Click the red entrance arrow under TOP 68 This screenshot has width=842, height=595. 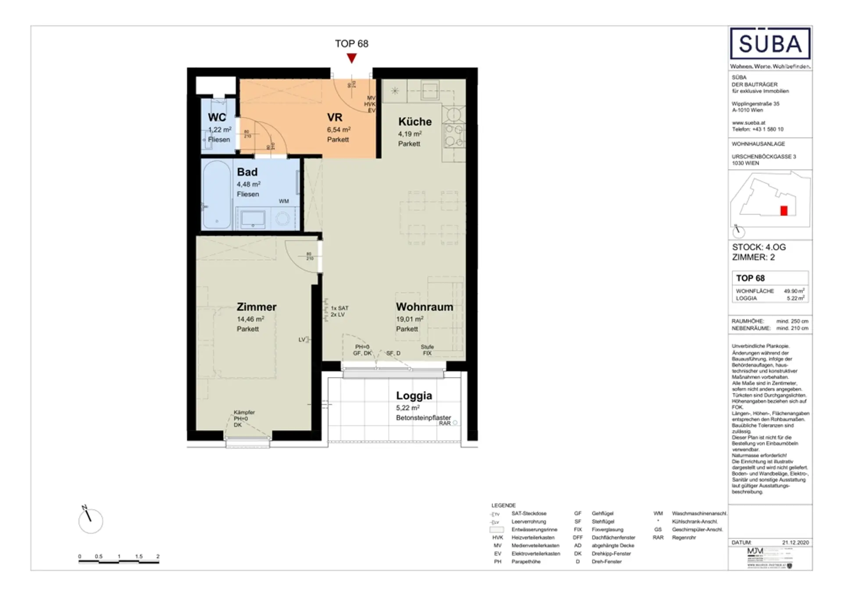point(351,58)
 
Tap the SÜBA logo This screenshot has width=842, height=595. point(770,44)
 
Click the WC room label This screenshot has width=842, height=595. point(217,118)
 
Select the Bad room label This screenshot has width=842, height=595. point(247,172)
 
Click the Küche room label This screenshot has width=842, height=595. point(415,121)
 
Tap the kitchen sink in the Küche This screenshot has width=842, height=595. point(430,91)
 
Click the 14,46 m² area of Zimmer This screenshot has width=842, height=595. point(250,319)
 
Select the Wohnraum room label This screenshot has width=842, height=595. point(425,307)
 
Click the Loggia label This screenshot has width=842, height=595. point(414,395)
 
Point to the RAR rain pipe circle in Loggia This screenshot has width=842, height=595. point(455,423)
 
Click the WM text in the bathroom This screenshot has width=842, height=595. point(284,201)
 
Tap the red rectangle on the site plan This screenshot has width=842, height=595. point(784,211)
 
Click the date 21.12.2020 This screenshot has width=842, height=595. point(795,542)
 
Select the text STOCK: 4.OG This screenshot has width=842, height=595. point(759,247)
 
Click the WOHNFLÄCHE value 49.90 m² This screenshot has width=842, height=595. point(794,291)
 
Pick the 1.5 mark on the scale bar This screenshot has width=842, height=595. point(139,556)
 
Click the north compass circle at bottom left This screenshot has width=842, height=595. point(91,521)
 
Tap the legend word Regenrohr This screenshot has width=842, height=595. point(684,538)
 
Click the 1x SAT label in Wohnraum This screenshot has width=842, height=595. point(339,308)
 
